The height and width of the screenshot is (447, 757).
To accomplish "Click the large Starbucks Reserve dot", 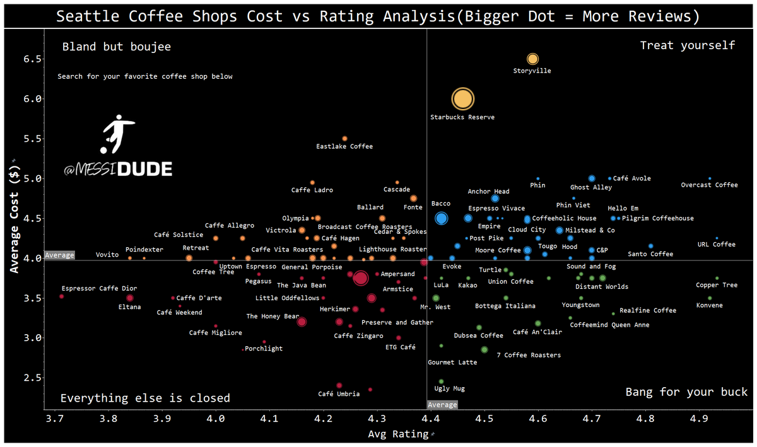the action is pos(462,99).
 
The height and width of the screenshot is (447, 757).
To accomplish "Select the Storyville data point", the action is pos(532,59).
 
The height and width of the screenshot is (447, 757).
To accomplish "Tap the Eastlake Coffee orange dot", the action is pos(344,139).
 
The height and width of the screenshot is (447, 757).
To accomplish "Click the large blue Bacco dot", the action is pos(441,218).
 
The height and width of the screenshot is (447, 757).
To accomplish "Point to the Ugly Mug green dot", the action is pos(441,381).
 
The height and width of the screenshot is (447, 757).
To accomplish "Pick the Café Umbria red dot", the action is pos(339,385).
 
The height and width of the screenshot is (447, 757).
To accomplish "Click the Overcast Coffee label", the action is pos(709,185).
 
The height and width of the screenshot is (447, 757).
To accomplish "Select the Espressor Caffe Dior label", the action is pos(100,288).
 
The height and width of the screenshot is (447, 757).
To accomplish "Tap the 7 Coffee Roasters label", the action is pos(529,355).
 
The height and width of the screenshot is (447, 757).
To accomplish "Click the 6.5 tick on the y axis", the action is pos(32,59).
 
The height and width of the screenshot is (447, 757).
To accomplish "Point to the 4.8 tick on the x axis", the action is pos(645,419).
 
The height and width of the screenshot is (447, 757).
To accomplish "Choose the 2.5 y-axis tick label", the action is pos(32,378).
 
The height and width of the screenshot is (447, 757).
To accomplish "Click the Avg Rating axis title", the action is pos(398,434).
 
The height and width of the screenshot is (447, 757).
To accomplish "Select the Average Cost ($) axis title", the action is pos(14,219).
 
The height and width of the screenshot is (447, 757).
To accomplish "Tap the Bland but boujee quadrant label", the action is pos(117,47).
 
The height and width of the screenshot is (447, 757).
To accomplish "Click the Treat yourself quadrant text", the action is pos(688,45).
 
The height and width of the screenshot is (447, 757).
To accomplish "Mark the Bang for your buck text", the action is pos(686,392).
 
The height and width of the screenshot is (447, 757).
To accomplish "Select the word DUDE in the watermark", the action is pos(145,169).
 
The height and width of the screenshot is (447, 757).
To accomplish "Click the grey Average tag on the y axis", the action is pos(59,255).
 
